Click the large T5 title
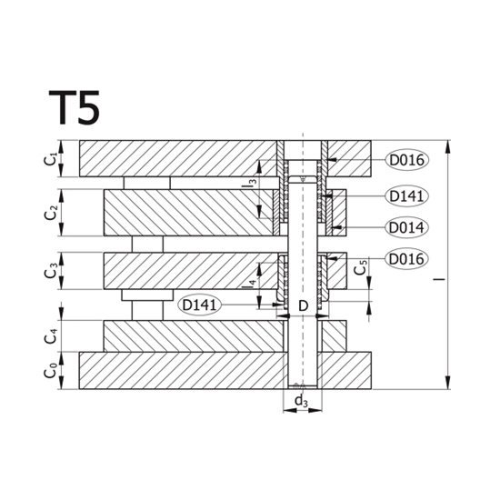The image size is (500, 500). click(x=75, y=107)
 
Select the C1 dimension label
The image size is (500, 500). click(x=50, y=159)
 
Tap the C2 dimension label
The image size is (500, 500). click(x=50, y=213)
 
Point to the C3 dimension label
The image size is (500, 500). click(x=50, y=270)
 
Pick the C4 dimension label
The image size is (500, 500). click(x=50, y=336)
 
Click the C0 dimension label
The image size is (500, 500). click(x=50, y=371)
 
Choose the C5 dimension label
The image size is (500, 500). click(x=361, y=267)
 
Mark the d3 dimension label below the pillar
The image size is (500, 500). click(x=302, y=401)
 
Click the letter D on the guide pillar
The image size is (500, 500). click(x=304, y=306)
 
